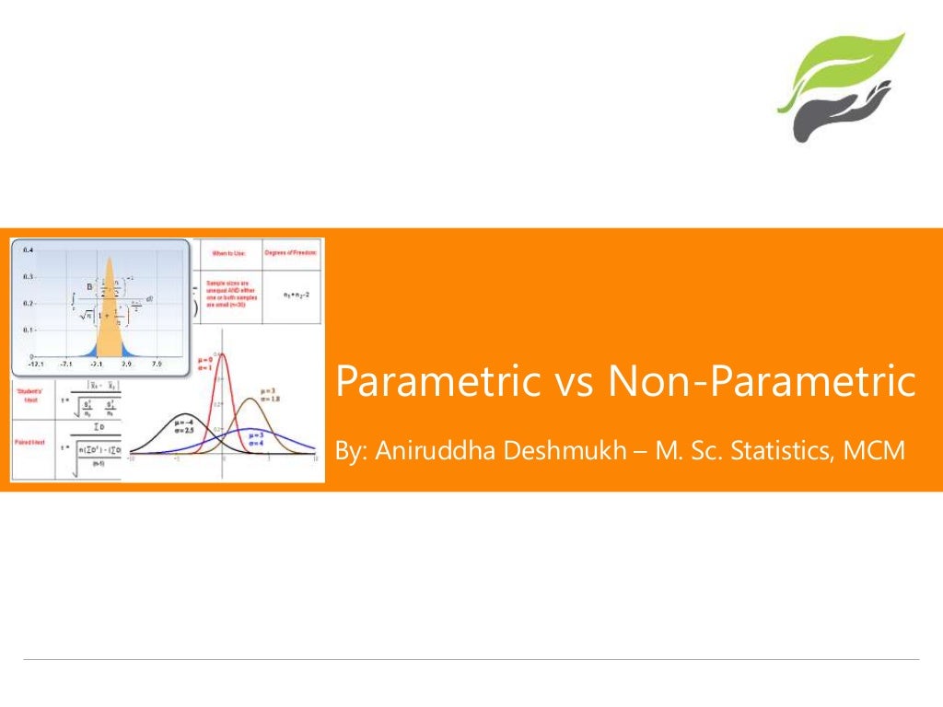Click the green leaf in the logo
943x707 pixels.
843,69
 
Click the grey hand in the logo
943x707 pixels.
833,115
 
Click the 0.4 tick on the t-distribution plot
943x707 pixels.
29,250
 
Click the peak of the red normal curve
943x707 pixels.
222,354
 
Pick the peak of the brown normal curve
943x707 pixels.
250,399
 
